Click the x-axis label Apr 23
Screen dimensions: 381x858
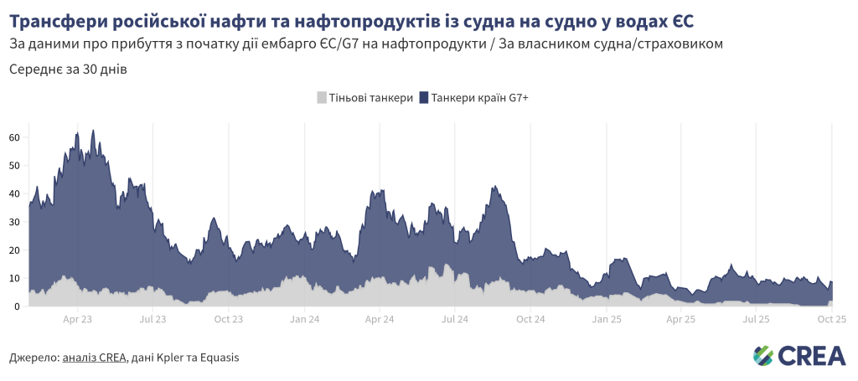(77, 319)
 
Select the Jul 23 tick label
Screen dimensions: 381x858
(152, 319)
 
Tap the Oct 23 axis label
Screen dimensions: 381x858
(229, 319)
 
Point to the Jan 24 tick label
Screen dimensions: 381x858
(304, 319)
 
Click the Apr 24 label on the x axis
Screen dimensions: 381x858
(380, 319)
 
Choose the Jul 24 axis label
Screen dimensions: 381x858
(454, 319)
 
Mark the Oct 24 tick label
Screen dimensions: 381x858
(530, 319)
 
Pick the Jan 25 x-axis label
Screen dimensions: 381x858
(606, 319)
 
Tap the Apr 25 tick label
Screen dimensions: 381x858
(680, 319)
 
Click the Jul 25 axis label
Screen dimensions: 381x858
(756, 319)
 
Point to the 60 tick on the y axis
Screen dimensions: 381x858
(14, 137)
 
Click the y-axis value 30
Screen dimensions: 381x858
(14, 222)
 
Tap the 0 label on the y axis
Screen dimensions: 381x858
(17, 306)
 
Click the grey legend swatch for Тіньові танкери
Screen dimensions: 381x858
(322, 98)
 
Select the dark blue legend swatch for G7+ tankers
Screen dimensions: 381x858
(424, 98)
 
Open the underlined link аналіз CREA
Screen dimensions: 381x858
(95, 358)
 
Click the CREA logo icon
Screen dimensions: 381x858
(763, 356)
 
